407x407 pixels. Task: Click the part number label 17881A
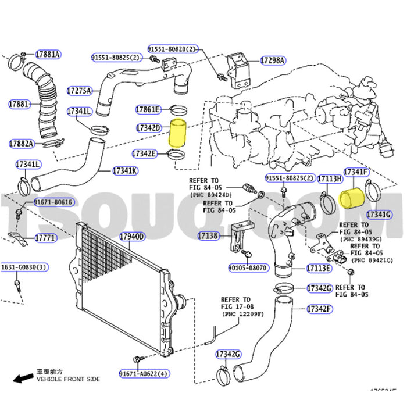(48, 55)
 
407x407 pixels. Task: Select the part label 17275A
(79, 91)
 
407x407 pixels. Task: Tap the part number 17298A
(272, 60)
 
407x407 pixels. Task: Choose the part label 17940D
(132, 237)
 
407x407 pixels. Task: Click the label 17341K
(126, 171)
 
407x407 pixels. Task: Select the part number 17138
(207, 236)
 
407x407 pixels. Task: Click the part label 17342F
(319, 308)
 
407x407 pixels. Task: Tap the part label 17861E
(147, 109)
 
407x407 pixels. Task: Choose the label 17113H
(329, 179)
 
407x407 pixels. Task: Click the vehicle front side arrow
(23, 379)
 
